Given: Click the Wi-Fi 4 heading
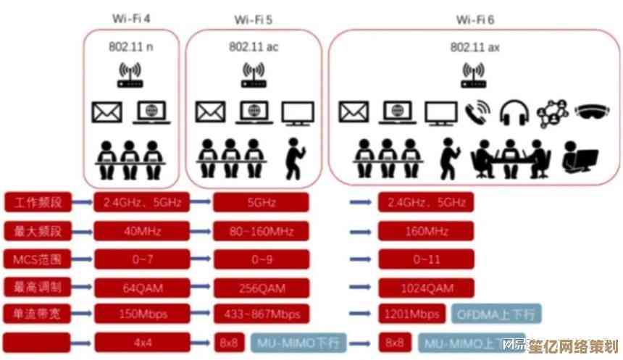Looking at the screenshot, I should point(131,17).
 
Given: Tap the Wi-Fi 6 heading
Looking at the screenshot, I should point(474,19).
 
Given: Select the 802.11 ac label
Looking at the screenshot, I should point(253,47).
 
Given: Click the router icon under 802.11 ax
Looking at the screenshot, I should point(474,75).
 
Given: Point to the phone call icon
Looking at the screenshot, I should point(478,112).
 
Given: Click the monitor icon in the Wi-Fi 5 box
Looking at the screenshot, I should point(297,112).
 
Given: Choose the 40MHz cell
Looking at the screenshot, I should point(141,231).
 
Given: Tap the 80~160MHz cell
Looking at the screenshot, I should point(261,231).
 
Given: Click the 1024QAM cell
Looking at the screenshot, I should point(426,288).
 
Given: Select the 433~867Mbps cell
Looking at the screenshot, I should point(261,314).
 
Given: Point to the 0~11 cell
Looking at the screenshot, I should point(426,259).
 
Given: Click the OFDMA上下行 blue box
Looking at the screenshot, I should point(496,314).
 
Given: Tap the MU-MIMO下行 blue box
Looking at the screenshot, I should point(299,342).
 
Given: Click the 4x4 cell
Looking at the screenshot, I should point(141,342).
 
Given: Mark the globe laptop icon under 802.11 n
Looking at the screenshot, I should point(151,112).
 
